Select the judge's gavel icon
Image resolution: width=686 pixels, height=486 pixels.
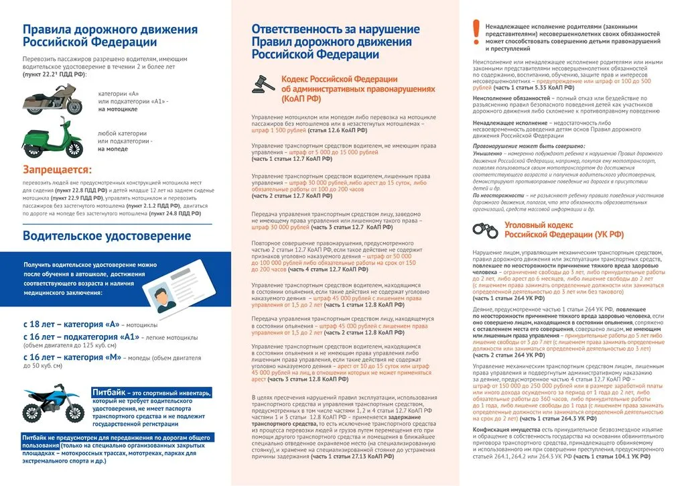[263, 84]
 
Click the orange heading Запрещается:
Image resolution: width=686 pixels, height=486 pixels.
[57, 170]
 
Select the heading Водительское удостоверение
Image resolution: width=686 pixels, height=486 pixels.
[107, 236]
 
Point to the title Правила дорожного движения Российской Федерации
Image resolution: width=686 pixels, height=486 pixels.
[110, 36]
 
